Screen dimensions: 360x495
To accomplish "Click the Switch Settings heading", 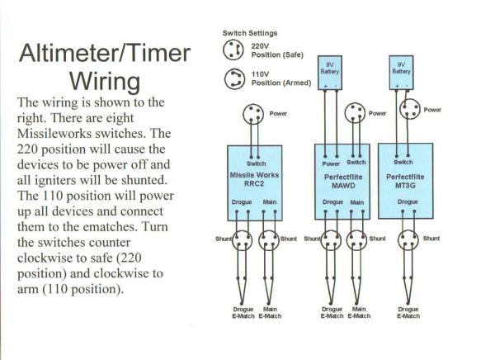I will click(x=249, y=33).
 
